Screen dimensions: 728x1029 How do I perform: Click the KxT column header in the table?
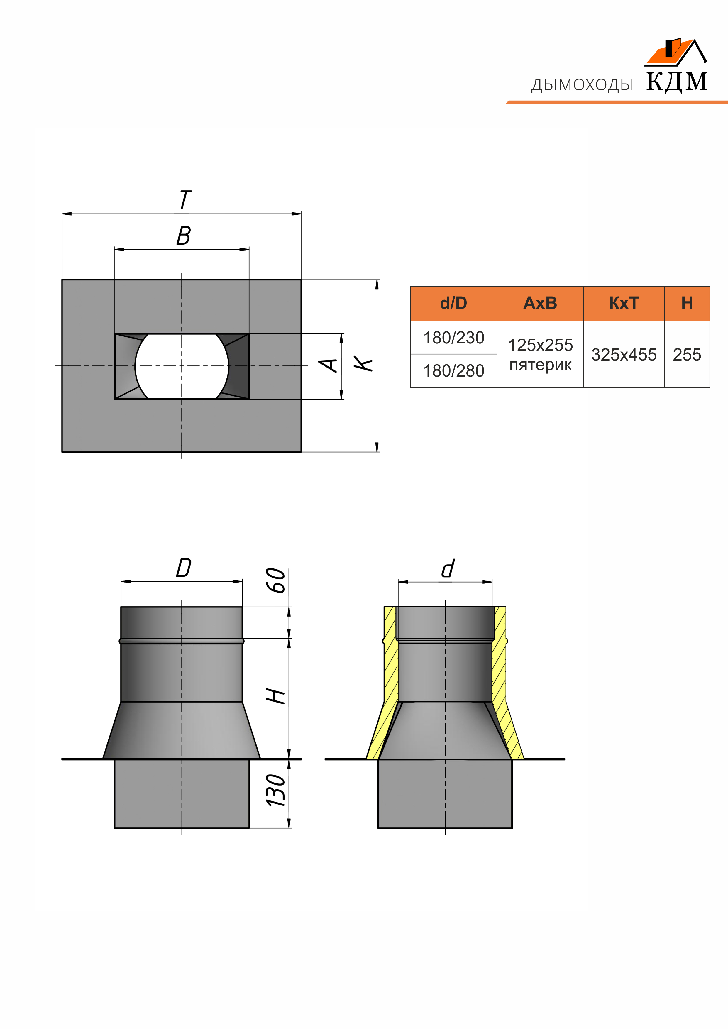(624, 303)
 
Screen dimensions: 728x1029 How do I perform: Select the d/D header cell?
(454, 303)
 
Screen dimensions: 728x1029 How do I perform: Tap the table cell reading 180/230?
(454, 337)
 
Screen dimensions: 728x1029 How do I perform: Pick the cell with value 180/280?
(454, 371)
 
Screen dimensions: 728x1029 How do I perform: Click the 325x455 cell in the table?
(624, 355)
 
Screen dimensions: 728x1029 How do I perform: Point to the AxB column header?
(540, 303)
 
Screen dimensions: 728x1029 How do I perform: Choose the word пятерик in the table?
(540, 365)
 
